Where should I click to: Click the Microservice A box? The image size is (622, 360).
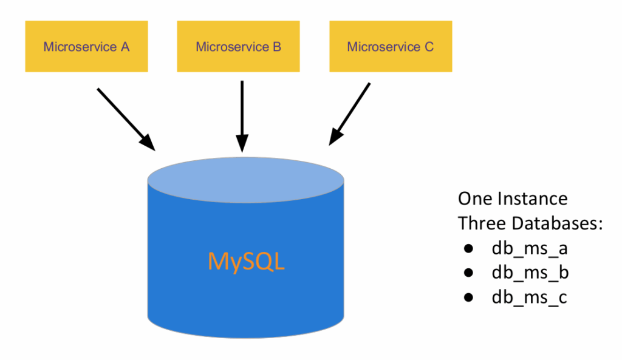86,47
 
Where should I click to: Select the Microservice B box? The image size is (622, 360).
238,47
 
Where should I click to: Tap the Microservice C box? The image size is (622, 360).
391,47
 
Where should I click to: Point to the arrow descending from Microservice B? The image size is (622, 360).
242,112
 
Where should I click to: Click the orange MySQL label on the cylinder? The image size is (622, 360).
246,261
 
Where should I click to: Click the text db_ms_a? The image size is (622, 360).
530,248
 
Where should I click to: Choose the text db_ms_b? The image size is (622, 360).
530,273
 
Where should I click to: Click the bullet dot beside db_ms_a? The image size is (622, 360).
468,249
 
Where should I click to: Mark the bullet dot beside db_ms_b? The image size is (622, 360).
468,273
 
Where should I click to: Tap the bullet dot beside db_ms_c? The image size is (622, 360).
468,297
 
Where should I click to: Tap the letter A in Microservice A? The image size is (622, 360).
125,47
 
